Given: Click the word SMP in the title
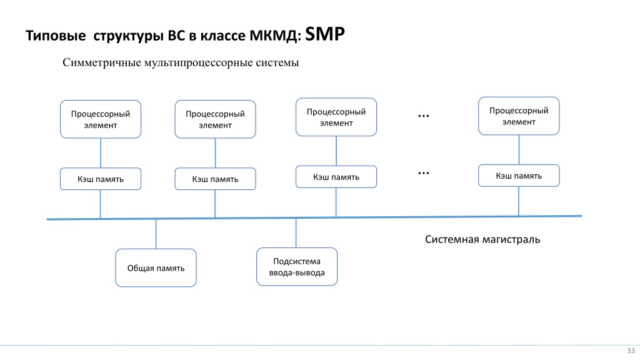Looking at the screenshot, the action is [x=325, y=34].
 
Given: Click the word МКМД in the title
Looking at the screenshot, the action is [x=274, y=36].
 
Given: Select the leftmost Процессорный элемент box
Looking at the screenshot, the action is [x=101, y=119].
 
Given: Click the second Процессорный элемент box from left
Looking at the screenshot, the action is [x=215, y=119].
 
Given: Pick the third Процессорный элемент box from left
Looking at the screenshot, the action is [x=336, y=117].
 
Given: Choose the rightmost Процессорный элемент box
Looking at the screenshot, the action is [x=519, y=116].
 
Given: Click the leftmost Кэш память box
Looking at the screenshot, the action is [x=101, y=179].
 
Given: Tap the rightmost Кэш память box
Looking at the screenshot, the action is [x=519, y=176].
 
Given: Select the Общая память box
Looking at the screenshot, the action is [x=156, y=267].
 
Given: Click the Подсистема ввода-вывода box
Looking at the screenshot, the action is [x=297, y=266].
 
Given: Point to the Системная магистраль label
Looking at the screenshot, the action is [x=482, y=239].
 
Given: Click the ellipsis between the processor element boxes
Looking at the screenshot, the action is [x=424, y=116].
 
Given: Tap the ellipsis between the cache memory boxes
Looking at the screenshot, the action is [x=424, y=174].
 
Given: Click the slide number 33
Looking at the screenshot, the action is [x=631, y=351].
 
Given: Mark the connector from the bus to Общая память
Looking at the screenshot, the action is [x=156, y=234].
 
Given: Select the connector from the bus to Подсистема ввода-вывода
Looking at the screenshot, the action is [x=296, y=232].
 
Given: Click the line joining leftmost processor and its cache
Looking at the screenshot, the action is [x=101, y=153].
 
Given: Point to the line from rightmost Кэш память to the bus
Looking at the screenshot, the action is [x=519, y=201].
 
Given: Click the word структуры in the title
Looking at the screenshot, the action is [x=129, y=36].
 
